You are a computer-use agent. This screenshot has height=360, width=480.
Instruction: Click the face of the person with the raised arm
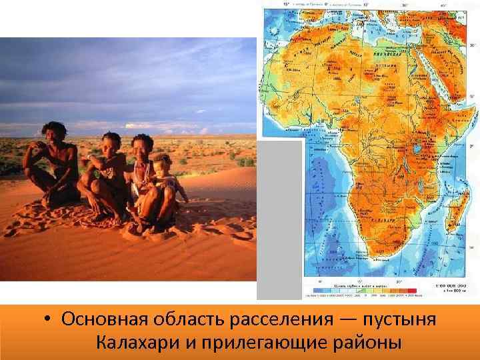coord(111,144)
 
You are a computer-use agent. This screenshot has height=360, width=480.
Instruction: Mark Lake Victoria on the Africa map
coord(416,149)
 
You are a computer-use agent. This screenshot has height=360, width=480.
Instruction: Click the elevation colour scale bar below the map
coord(361,291)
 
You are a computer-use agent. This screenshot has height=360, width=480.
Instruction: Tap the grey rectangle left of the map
coord(280,220)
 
